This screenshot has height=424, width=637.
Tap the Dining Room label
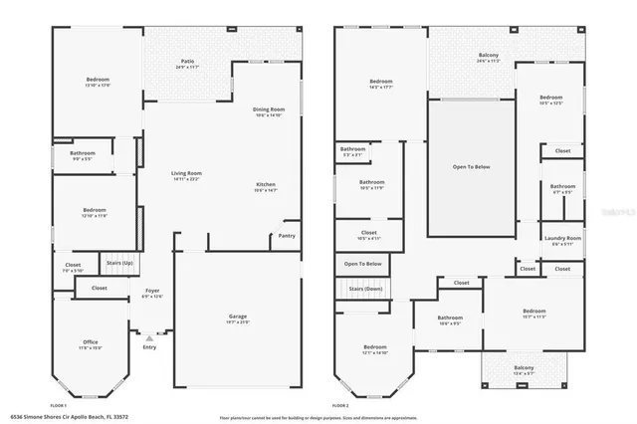point(269,109)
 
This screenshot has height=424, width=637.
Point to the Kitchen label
point(267,185)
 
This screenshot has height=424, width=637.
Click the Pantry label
point(287,236)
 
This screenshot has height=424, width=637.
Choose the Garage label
point(238,317)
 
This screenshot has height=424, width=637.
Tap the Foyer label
point(151,291)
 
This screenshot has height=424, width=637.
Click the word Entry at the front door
point(149,347)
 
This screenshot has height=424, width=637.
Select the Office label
point(91,341)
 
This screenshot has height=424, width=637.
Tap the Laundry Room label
point(562,238)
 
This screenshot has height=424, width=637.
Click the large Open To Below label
point(471,166)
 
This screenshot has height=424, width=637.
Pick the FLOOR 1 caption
point(58,405)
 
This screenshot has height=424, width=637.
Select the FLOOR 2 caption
point(340,405)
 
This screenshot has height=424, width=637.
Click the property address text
point(70,417)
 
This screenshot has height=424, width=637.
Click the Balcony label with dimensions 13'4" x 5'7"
point(524,368)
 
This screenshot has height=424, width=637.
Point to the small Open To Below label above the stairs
point(364,264)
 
